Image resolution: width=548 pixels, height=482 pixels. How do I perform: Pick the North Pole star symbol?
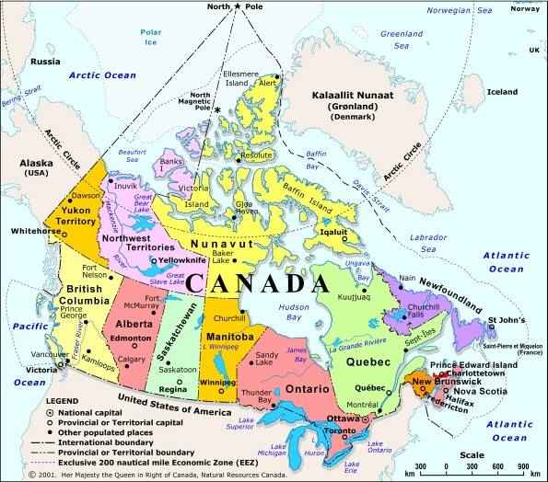238,7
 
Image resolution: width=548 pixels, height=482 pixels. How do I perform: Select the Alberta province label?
134,325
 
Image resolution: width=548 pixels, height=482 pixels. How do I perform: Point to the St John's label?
507,323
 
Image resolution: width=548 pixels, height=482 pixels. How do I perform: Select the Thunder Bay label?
257,396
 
